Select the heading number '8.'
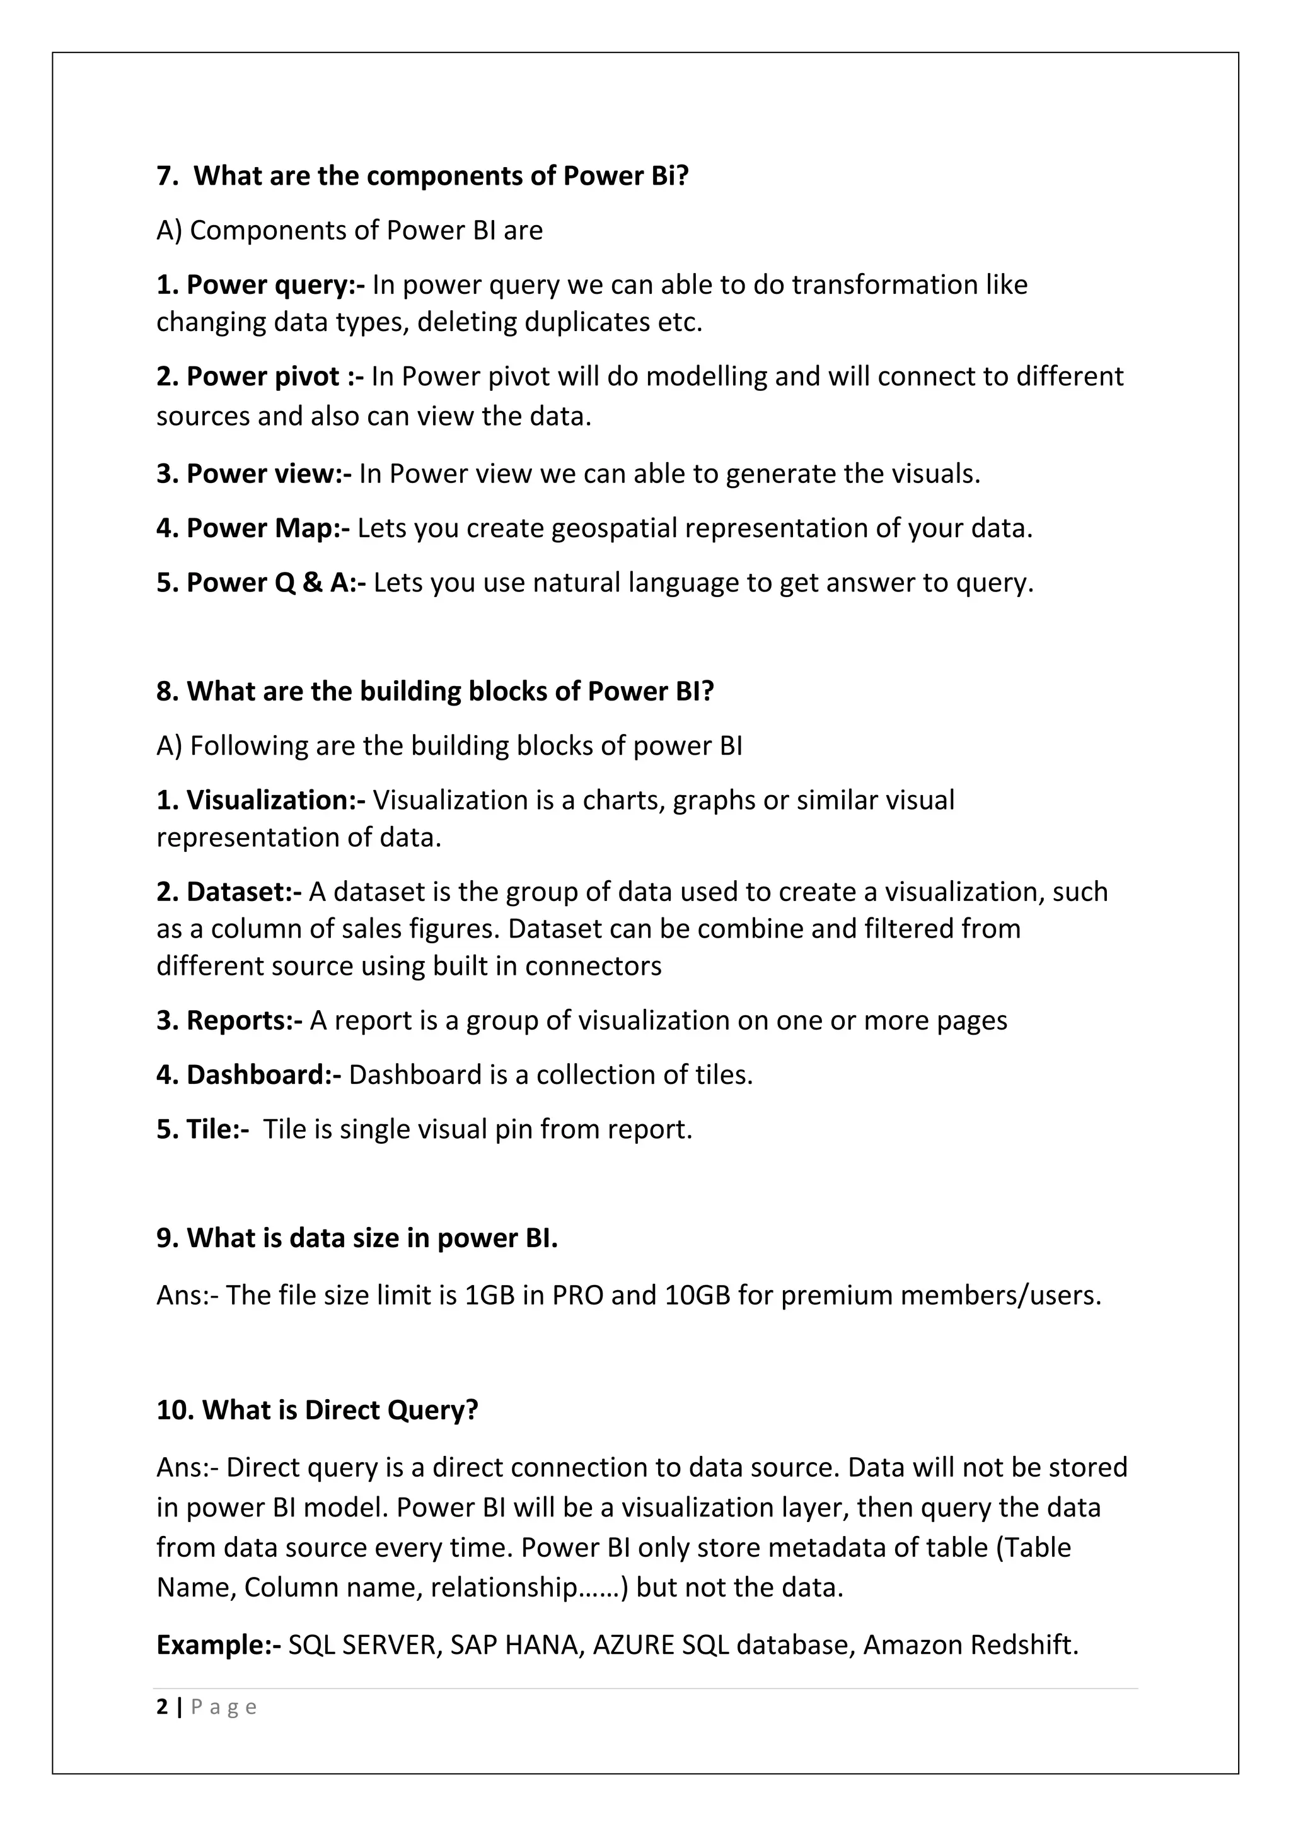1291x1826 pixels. coord(168,691)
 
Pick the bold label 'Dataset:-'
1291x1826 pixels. coord(243,892)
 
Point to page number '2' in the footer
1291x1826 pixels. coord(163,1707)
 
